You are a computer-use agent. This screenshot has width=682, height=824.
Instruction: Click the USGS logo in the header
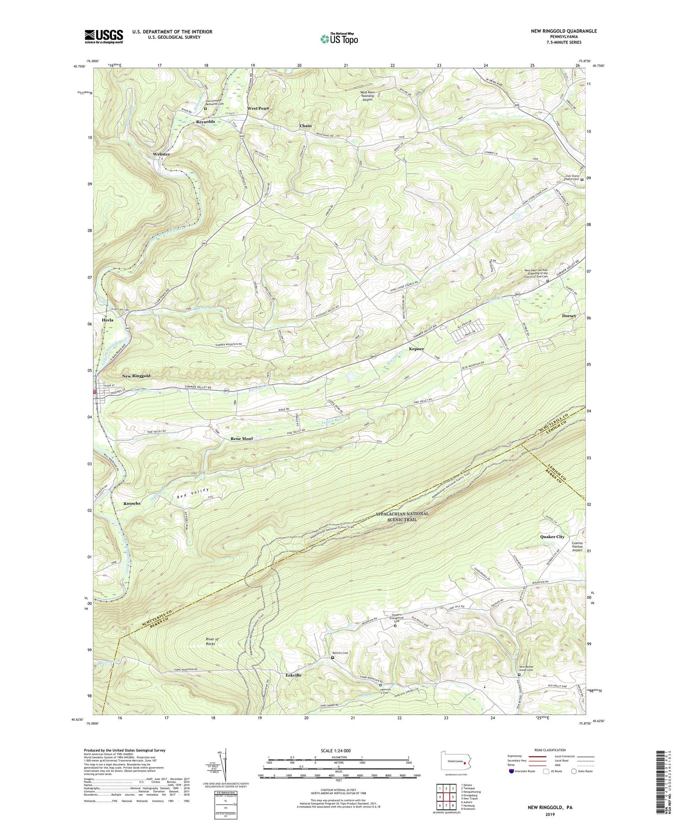(x=104, y=36)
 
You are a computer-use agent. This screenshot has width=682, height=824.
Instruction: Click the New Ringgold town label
(x=136, y=376)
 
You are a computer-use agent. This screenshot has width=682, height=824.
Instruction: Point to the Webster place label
(x=161, y=154)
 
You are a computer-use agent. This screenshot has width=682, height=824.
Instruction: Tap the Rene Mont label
(x=242, y=438)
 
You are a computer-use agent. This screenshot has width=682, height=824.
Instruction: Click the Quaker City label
(x=552, y=537)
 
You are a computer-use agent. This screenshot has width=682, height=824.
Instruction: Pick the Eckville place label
(x=293, y=675)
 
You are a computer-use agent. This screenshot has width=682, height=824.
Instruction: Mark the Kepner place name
(x=416, y=349)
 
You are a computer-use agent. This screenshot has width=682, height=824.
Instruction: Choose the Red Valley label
(x=193, y=493)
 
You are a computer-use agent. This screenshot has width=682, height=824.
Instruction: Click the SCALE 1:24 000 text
(x=338, y=751)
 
